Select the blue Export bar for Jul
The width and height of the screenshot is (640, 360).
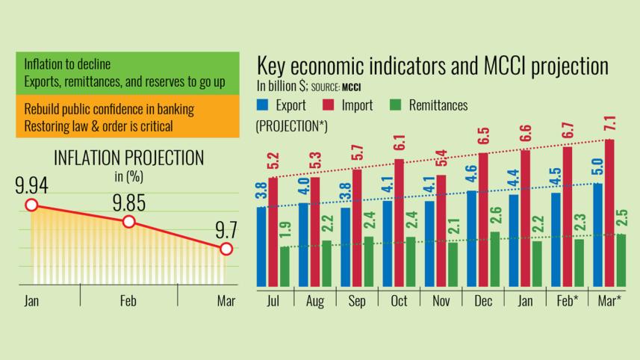261,247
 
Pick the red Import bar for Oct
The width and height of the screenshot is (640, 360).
399,223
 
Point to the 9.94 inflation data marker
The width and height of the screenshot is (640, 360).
31,205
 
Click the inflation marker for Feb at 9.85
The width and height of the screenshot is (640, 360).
128,222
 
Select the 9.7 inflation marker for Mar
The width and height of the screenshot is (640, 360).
226,249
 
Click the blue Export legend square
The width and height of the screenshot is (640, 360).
262,105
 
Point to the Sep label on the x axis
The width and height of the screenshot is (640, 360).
356,301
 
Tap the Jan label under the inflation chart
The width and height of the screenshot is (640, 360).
31,302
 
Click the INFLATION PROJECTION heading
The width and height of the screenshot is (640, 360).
128,158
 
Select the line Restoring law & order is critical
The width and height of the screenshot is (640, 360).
98,125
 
